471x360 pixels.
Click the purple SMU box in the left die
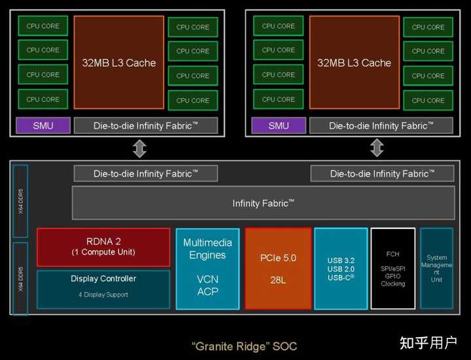click(43, 125)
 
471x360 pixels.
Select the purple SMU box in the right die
click(279, 125)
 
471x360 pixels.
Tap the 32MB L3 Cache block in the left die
click(119, 62)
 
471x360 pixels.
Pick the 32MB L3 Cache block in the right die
click(355, 62)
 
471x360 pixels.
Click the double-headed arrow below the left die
click(140, 148)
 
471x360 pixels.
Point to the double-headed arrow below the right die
click(377, 148)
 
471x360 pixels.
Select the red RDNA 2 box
click(103, 247)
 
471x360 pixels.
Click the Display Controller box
click(103, 289)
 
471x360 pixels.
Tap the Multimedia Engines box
click(207, 268)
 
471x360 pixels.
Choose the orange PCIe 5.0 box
click(278, 268)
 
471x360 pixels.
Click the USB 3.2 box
click(341, 268)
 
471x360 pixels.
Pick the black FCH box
click(393, 268)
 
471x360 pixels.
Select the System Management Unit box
click(436, 268)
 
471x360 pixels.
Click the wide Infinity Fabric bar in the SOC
click(264, 203)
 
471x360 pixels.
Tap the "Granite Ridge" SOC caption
click(244, 346)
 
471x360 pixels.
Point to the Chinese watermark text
click(428, 343)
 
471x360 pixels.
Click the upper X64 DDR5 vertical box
click(20, 201)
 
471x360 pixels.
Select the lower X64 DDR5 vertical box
click(20, 279)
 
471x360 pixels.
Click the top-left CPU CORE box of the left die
click(43, 26)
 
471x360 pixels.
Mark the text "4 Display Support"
click(103, 295)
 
